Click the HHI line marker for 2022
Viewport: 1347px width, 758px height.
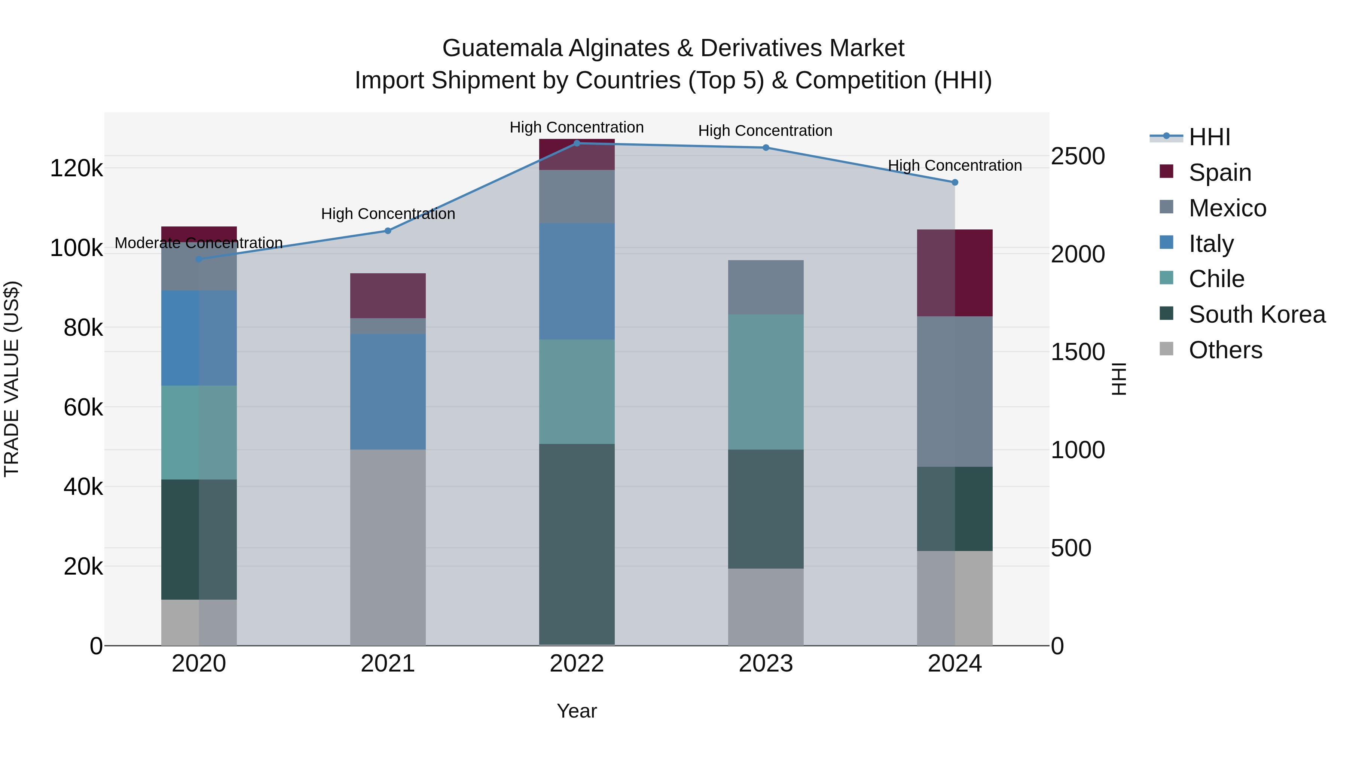pos(577,143)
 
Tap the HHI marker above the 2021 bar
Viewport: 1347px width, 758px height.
pos(388,231)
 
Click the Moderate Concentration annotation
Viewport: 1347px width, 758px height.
pos(199,243)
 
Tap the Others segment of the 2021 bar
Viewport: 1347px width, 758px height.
pos(388,547)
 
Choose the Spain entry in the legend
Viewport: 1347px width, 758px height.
pos(1220,173)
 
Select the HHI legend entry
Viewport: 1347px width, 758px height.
pos(1209,137)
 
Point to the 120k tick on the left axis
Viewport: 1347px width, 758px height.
pos(76,168)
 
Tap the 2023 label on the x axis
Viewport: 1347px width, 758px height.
pos(766,664)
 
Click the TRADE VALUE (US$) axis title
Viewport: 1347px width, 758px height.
pos(12,379)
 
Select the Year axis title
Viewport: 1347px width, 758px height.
pos(577,711)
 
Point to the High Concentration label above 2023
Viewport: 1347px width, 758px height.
pos(765,131)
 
